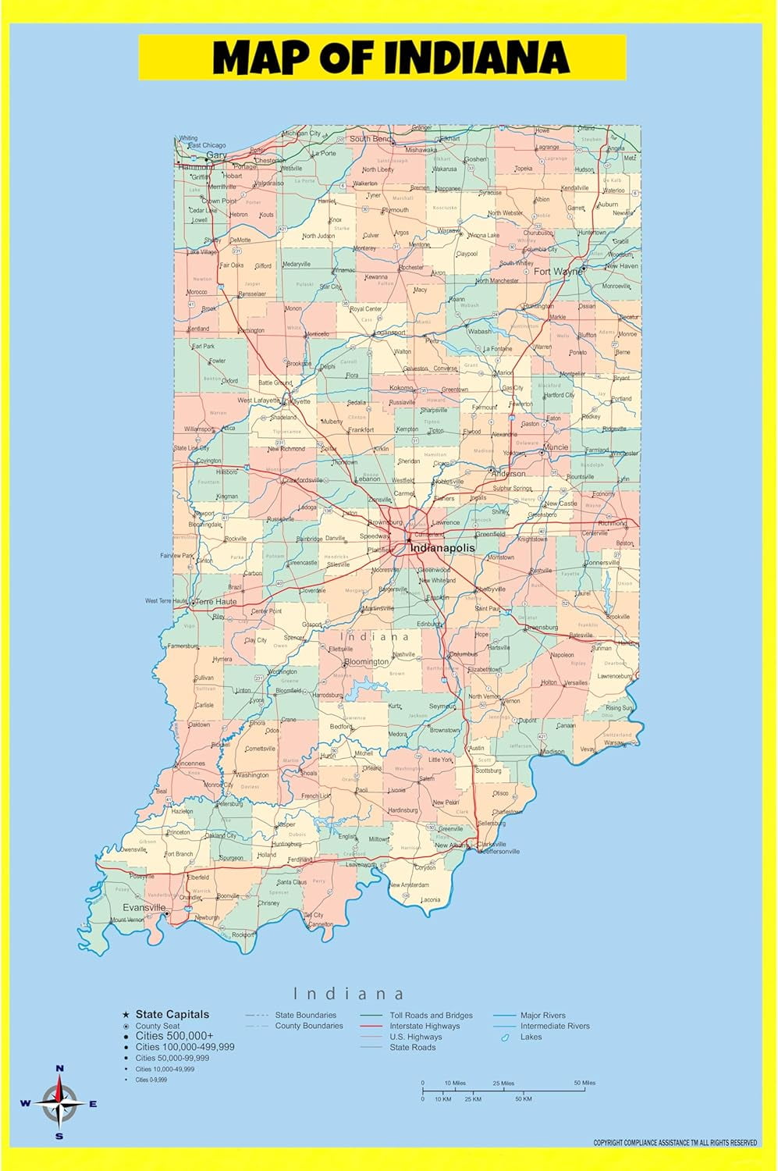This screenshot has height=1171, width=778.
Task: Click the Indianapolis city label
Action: tap(442, 548)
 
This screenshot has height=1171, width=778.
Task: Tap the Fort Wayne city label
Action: tap(558, 272)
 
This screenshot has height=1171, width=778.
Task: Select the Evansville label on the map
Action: tap(144, 908)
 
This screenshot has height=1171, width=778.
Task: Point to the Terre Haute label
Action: tap(216, 602)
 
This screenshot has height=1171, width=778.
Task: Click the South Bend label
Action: tap(371, 139)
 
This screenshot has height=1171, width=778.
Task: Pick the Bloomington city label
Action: tap(366, 661)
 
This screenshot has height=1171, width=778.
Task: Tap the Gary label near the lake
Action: tap(216, 155)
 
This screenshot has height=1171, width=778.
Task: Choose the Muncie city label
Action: tap(556, 447)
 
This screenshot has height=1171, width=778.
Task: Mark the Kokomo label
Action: tap(401, 388)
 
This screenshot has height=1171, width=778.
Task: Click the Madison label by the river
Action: tap(552, 752)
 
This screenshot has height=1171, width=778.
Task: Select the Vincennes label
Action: tap(190, 763)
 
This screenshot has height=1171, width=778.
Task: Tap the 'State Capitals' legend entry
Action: tap(172, 1014)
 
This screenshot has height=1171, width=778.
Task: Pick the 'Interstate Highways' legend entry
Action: tap(425, 1026)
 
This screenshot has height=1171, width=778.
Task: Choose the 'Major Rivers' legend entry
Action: tap(542, 1016)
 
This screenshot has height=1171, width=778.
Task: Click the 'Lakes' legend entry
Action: tap(531, 1037)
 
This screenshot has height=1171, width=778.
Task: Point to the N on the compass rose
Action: tap(60, 1068)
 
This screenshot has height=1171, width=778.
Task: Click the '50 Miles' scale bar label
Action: tap(584, 1083)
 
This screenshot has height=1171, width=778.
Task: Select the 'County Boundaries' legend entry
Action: tap(309, 1026)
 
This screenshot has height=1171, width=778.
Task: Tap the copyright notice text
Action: tap(675, 1143)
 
